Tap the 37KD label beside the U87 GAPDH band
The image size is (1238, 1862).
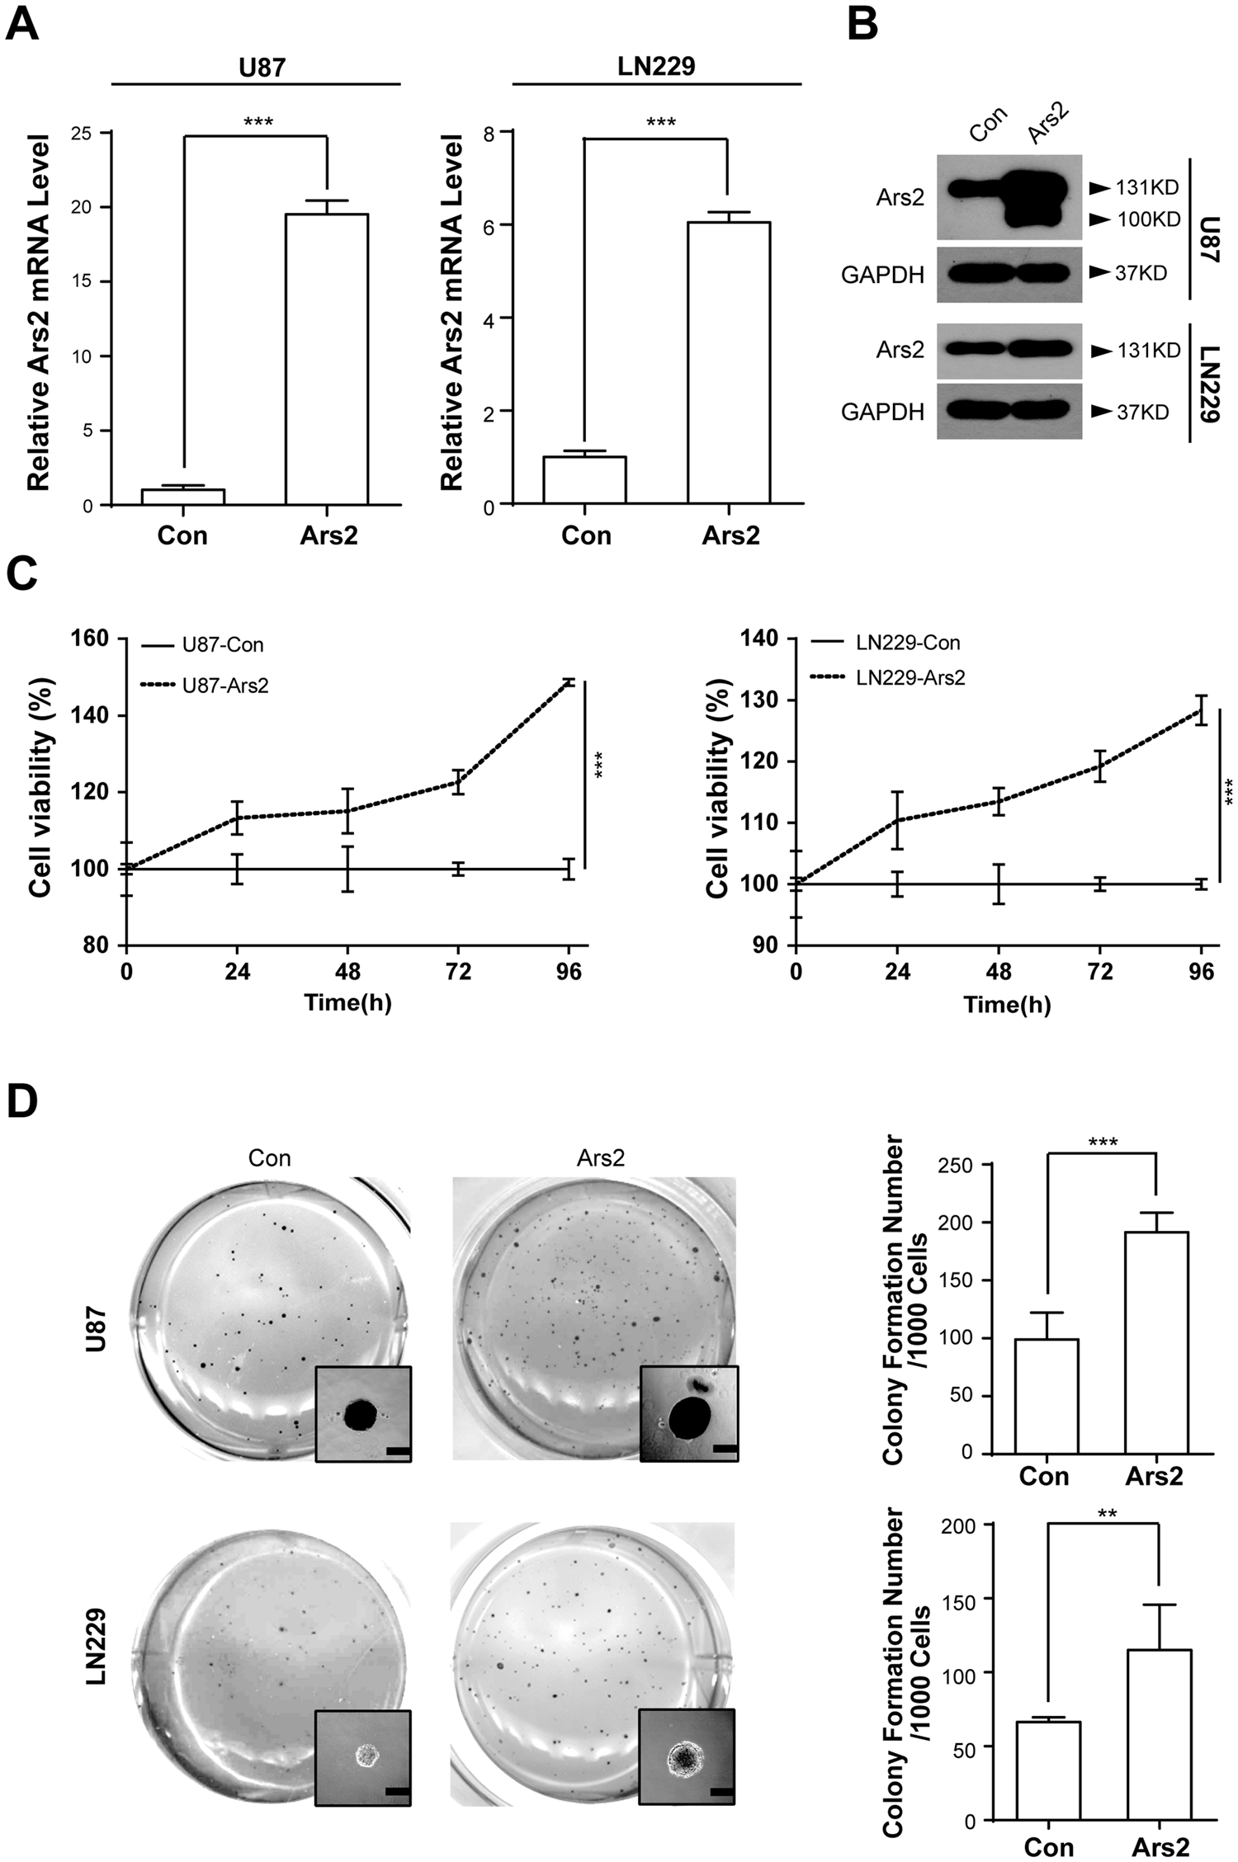pos(1141,273)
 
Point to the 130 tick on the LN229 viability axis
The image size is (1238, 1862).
pos(763,700)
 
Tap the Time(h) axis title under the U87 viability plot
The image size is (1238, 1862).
pos(347,1004)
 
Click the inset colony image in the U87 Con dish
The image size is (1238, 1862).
pos(362,1413)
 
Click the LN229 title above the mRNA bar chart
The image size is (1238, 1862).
pos(658,66)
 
